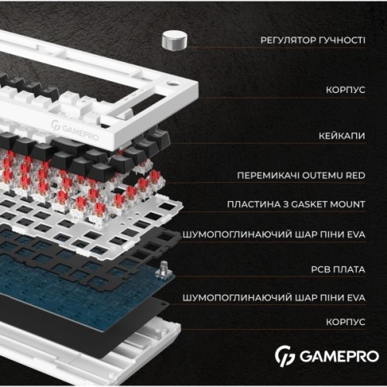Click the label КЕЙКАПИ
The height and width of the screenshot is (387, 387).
click(343, 135)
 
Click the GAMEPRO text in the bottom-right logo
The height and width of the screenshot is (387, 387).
click(337, 357)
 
